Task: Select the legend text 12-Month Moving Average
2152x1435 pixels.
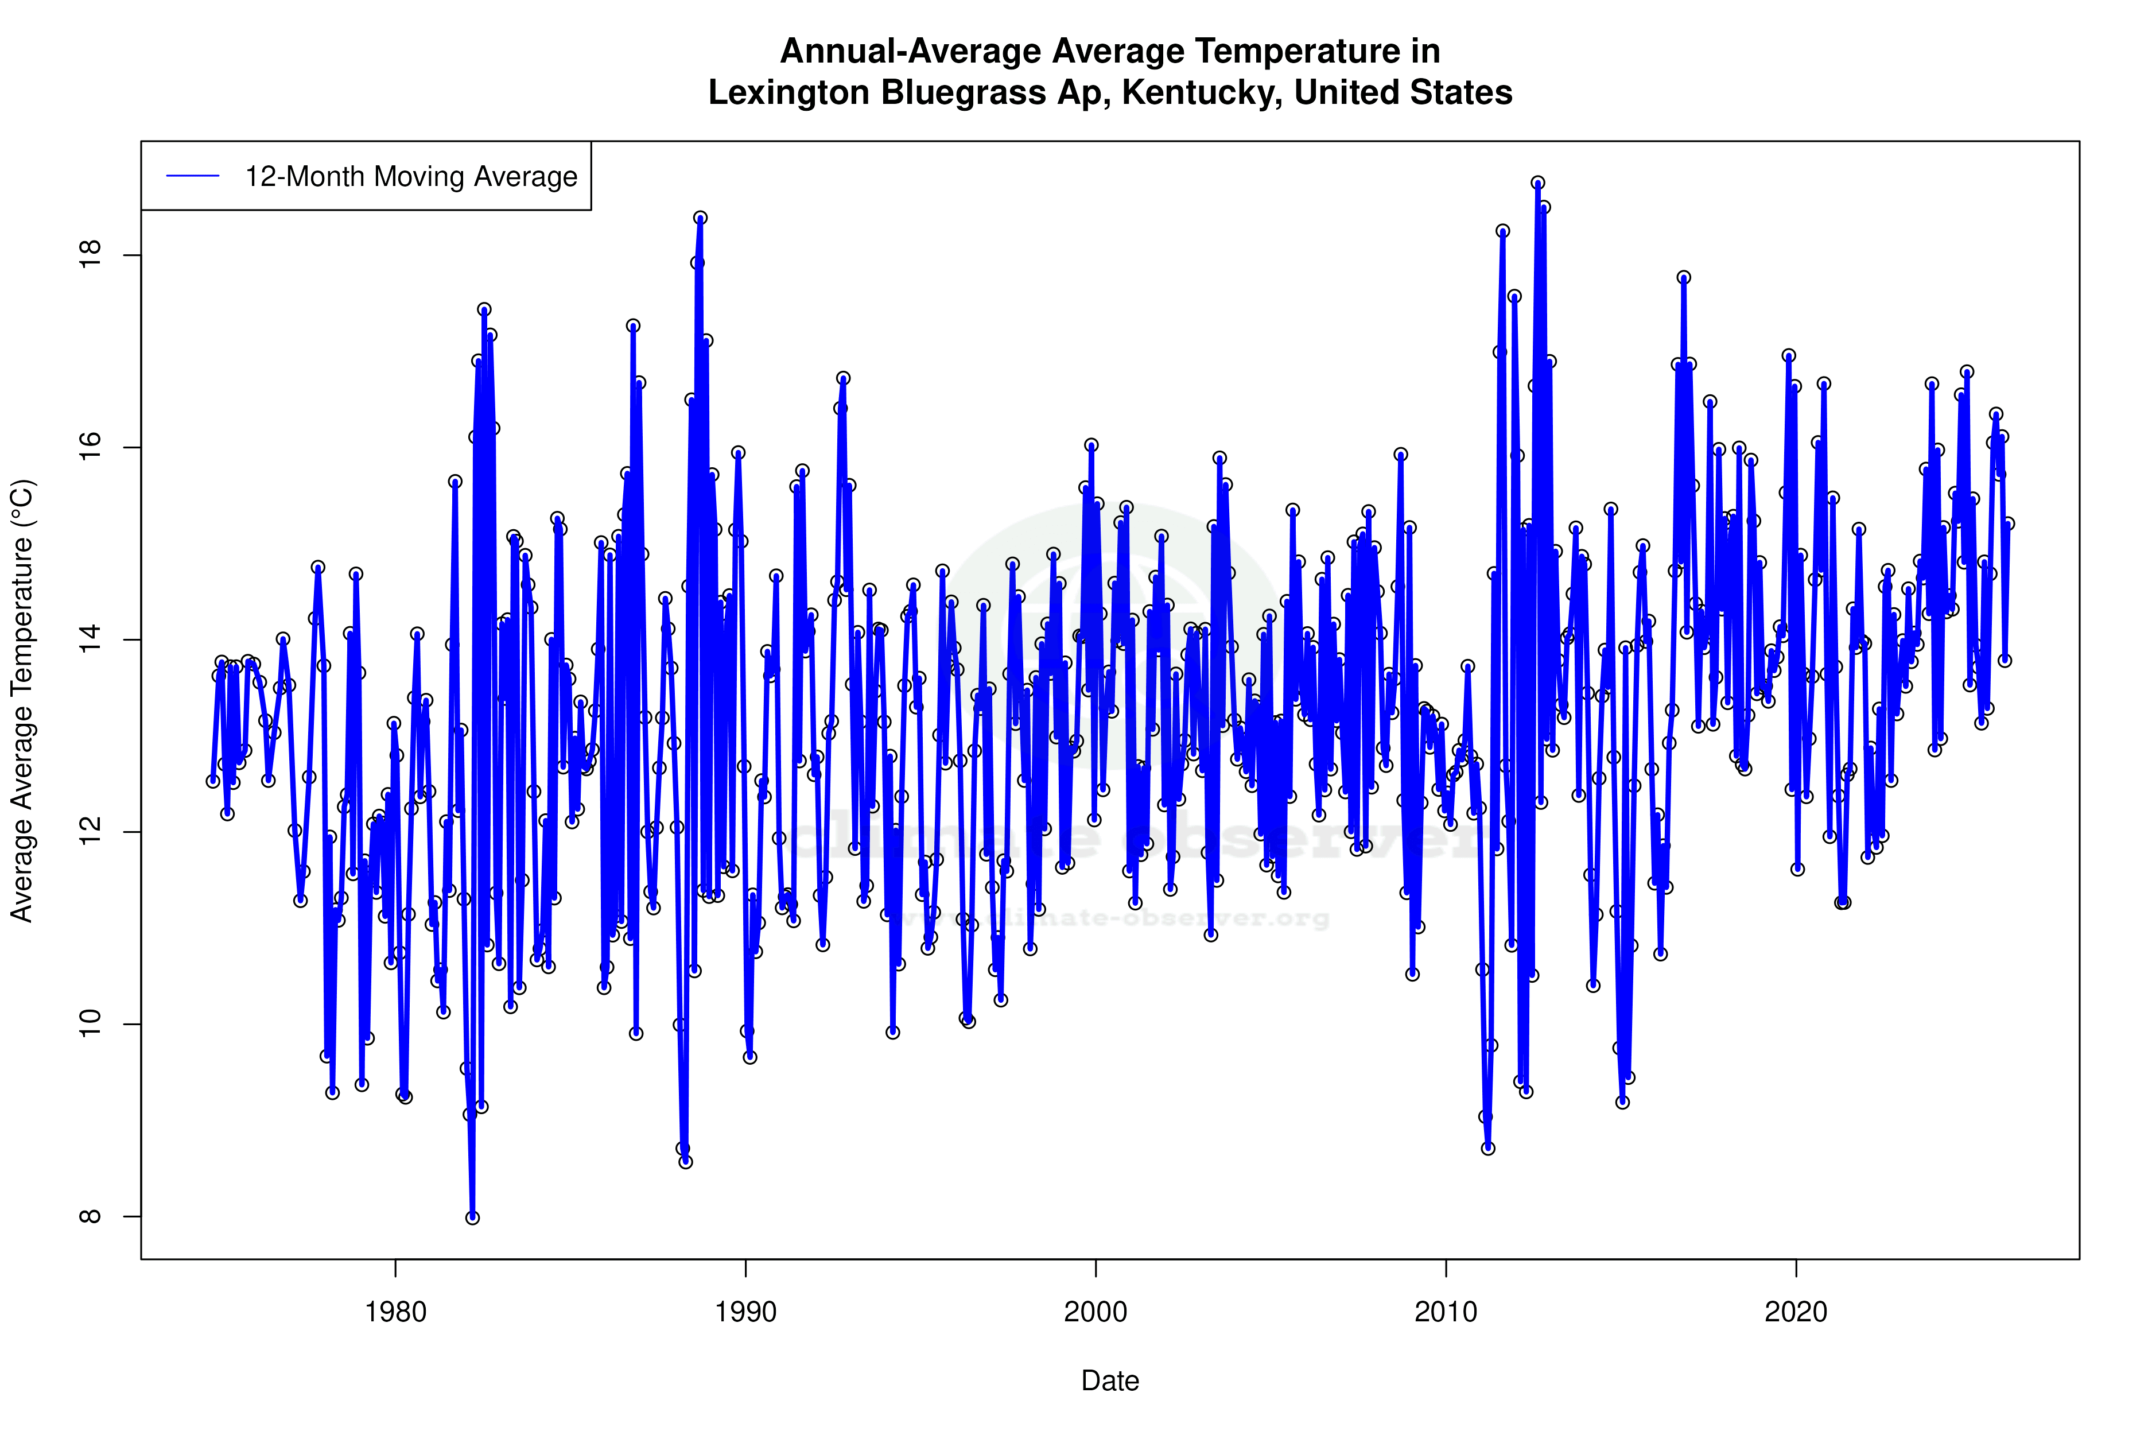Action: click(x=411, y=177)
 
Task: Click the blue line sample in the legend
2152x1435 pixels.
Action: click(x=193, y=177)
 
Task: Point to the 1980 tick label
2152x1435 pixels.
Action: click(x=395, y=1312)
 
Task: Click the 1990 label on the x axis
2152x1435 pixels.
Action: click(x=745, y=1312)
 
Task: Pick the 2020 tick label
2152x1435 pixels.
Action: click(x=1796, y=1312)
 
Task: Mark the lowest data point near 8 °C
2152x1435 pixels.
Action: click(x=472, y=1217)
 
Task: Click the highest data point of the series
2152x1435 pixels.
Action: click(x=1538, y=183)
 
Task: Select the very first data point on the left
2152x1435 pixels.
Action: click(x=212, y=781)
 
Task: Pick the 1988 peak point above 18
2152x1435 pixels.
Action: click(x=700, y=218)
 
